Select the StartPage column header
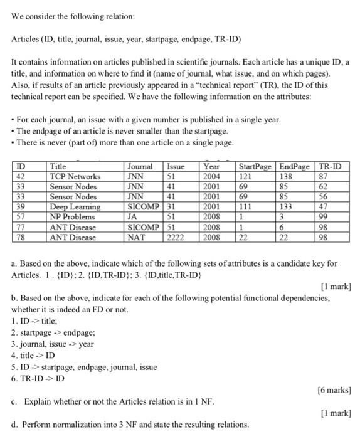tap(256, 167)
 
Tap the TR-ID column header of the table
tap(332, 167)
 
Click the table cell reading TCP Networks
tap(75, 177)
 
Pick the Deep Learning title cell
tap(75, 207)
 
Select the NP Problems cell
tap(75, 217)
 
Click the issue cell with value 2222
tap(177, 237)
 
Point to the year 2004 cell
tap(213, 177)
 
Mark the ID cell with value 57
tap(21, 217)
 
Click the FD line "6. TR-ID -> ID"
tap(40, 378)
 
